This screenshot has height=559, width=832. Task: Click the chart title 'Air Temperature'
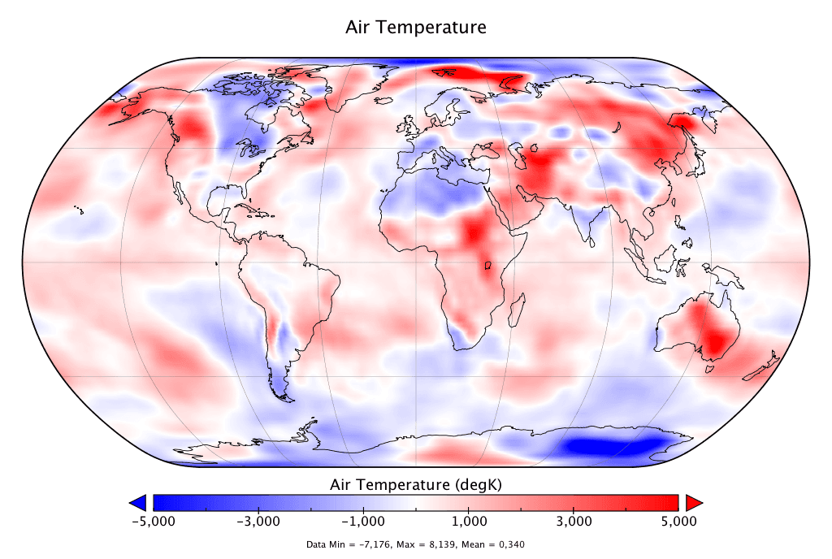pos(416,27)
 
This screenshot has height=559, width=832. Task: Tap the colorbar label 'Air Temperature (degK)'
pos(416,484)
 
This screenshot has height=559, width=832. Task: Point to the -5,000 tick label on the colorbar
pos(153,521)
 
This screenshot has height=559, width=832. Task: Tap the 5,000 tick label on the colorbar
pos(678,521)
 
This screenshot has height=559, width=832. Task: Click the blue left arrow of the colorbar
pos(138,501)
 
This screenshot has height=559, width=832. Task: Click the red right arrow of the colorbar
pos(693,501)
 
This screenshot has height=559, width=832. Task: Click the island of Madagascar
pos(515,312)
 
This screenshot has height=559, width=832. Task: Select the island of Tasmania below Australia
pos(710,368)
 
